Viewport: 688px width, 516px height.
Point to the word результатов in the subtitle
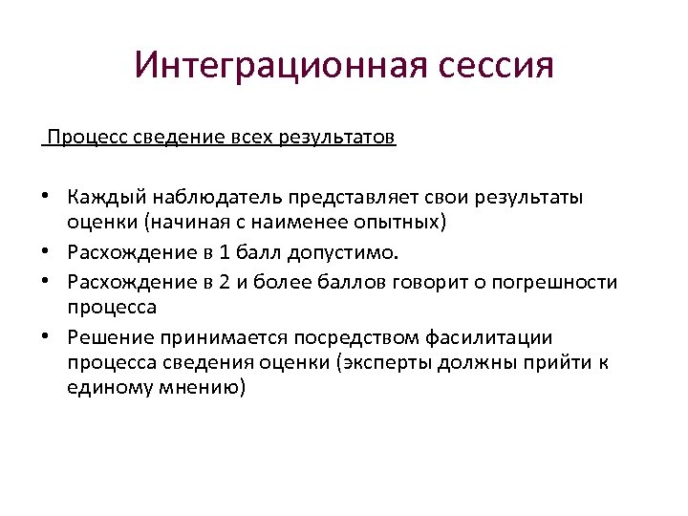pos(337,139)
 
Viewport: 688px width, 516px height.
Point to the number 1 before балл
pos(222,253)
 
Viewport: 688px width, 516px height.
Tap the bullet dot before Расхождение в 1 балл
pos(45,253)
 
